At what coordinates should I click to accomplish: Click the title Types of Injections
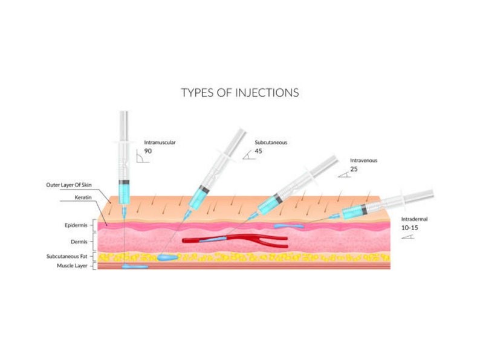coord(240,93)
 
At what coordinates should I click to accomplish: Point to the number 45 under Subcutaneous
coord(258,151)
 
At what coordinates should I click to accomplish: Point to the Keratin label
coord(83,197)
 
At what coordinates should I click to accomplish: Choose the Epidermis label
coord(76,225)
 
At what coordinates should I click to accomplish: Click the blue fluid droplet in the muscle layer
coord(134,266)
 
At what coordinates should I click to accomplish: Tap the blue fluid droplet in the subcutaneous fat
coord(167,257)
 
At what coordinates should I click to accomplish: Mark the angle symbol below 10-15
coord(407,237)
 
